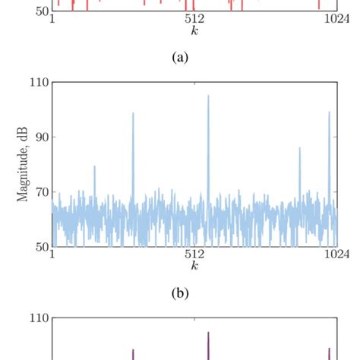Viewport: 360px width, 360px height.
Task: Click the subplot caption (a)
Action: pos(179,58)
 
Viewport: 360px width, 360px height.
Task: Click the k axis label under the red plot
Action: pos(194,33)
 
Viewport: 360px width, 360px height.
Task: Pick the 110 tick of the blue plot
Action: pos(38,82)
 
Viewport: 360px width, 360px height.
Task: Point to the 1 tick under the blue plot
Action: pos(51,255)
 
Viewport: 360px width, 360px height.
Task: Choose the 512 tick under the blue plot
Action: pos(194,255)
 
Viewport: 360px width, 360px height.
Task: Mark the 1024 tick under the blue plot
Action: pos(335,255)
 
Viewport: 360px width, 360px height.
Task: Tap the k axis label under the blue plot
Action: pos(194,267)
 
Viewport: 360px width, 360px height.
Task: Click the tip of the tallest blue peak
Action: pos(208,96)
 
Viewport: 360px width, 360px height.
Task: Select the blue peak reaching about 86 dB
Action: pos(299,148)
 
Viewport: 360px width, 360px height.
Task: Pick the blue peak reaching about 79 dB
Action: pos(94,166)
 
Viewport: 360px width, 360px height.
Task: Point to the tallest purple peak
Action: pos(208,333)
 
